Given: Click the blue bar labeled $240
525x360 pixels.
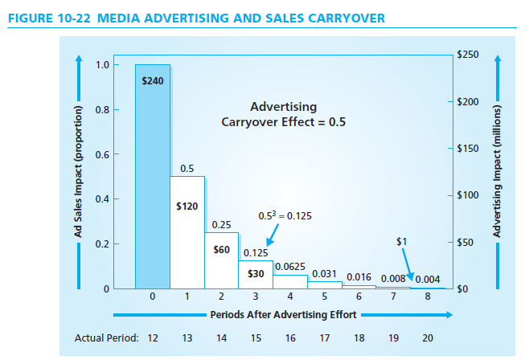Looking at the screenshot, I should coord(152,177).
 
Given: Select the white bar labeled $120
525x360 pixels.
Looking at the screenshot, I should coord(187,233).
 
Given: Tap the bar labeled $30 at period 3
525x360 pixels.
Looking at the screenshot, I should coord(256,273).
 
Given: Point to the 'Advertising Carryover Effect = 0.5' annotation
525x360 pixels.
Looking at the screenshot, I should coord(283,114).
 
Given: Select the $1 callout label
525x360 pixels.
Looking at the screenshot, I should coord(402,240).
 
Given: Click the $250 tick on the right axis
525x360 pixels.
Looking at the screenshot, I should coord(467,55).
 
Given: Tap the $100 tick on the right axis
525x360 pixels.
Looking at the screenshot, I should coord(467,195).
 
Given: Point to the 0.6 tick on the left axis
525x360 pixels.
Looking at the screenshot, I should coord(101,153).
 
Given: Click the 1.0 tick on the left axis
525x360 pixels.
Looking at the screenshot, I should coord(101,64).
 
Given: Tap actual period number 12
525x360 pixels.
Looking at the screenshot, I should coord(153,337).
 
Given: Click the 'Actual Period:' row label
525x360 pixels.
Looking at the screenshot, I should coord(106,337).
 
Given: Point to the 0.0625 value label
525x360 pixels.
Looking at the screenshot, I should coord(289,266).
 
